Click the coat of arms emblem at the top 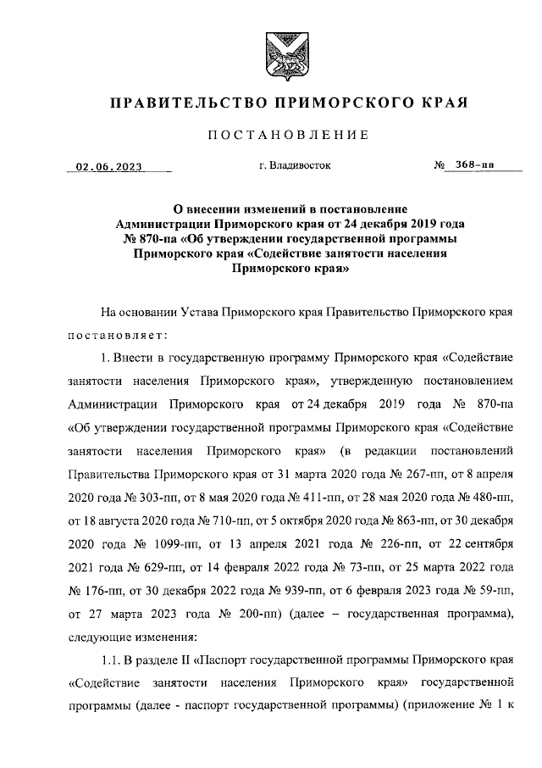[x=271, y=49]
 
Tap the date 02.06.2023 [x=109, y=167]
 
